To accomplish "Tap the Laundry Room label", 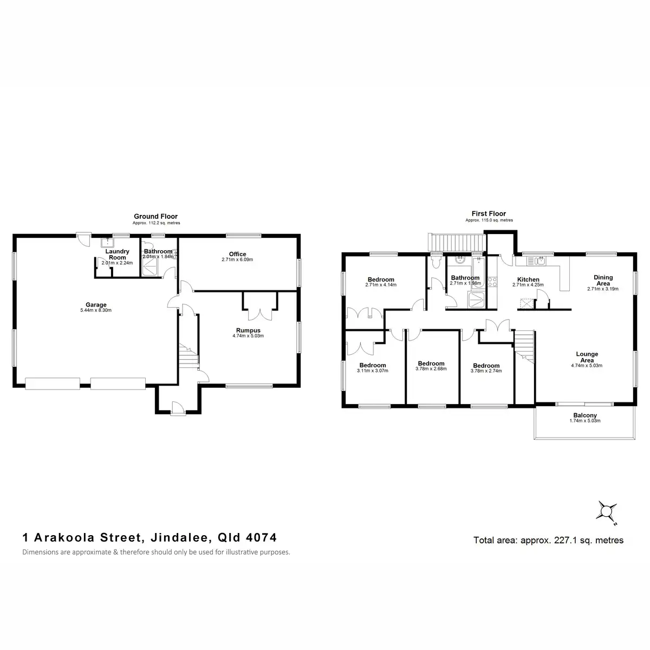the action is pyautogui.click(x=118, y=255).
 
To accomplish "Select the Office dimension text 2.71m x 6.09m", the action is pyautogui.click(x=237, y=260).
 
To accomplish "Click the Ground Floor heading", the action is pyautogui.click(x=156, y=217).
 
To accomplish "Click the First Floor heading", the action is pyautogui.click(x=489, y=214).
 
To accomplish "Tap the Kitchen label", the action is pyautogui.click(x=528, y=279).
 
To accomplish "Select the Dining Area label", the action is pyautogui.click(x=603, y=279).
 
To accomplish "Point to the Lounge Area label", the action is pyautogui.click(x=587, y=357).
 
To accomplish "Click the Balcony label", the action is pyautogui.click(x=585, y=415).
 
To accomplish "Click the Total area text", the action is pyautogui.click(x=548, y=540).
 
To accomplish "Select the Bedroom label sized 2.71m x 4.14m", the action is pyautogui.click(x=381, y=279).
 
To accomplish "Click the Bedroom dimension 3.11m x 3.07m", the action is pyautogui.click(x=373, y=371).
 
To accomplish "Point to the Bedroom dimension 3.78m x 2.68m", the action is pyautogui.click(x=431, y=370).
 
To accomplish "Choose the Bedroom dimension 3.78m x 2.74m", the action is pyautogui.click(x=486, y=371).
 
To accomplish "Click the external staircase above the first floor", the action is pyautogui.click(x=457, y=242).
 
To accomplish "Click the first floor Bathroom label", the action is pyautogui.click(x=465, y=277).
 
